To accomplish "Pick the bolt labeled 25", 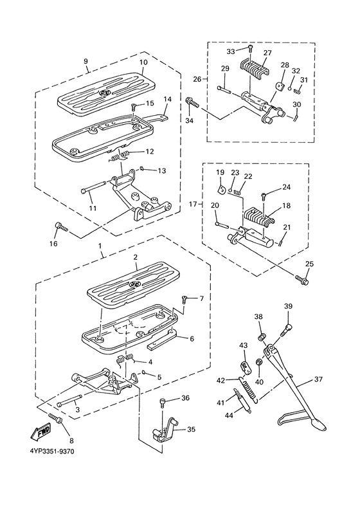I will tap(303, 280).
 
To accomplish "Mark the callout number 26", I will tap(196, 80).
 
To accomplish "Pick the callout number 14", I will tap(167, 100).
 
